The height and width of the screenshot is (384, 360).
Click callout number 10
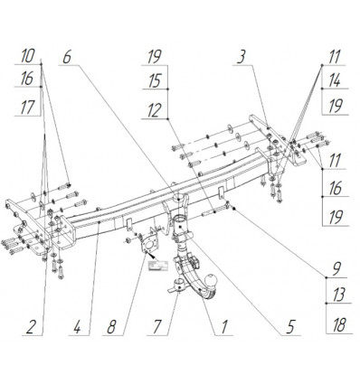click(27, 56)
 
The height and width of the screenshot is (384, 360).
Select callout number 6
click(67, 57)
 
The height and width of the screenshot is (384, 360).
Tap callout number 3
click(241, 57)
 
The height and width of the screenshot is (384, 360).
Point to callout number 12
click(155, 110)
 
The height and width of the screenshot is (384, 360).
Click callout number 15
click(155, 81)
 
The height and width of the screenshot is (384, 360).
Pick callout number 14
click(334, 81)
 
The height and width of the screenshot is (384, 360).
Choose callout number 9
click(337, 267)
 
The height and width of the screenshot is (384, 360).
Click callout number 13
click(338, 295)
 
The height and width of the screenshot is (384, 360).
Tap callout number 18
click(339, 325)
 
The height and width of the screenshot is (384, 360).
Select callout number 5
click(289, 327)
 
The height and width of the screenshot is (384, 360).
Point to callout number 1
click(223, 327)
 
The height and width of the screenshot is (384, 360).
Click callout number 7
click(156, 327)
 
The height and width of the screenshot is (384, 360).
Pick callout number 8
click(111, 327)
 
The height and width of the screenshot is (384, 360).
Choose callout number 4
click(78, 327)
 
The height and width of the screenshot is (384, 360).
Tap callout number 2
click(30, 327)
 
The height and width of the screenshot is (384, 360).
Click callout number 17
click(27, 108)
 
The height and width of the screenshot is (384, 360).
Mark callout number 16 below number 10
click(27, 80)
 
